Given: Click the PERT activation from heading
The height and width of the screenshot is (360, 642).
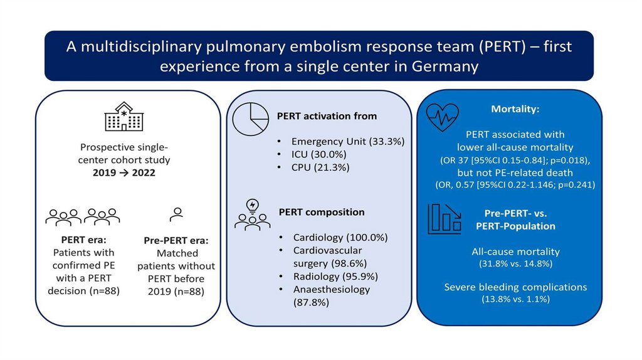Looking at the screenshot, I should click(x=327, y=115).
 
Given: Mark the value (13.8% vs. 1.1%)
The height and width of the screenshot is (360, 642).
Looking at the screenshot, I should click(x=515, y=299).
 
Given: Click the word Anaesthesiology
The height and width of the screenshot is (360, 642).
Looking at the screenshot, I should click(x=332, y=289).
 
